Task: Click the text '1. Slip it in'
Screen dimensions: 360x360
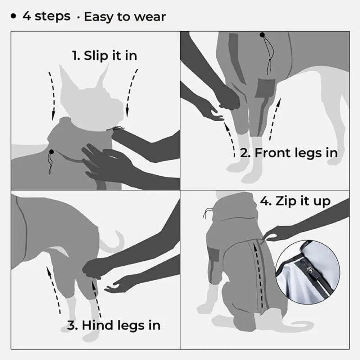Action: (x=104, y=56)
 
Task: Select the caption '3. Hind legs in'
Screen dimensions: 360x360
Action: (x=114, y=325)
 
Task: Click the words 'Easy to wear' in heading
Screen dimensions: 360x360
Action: (x=125, y=17)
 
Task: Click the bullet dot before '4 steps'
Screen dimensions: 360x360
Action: (x=14, y=17)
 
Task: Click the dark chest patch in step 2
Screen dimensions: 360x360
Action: (x=266, y=89)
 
